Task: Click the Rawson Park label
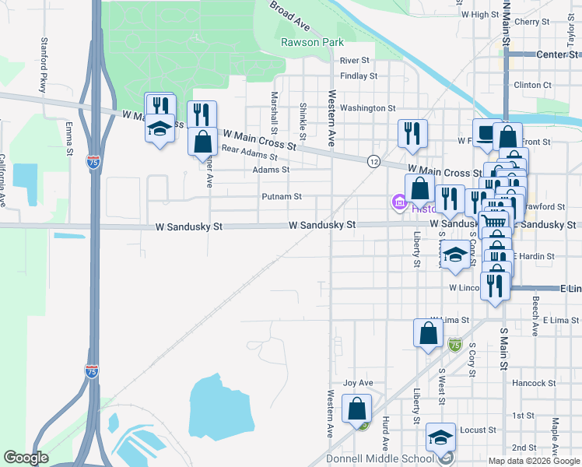click(311, 43)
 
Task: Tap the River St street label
click(354, 61)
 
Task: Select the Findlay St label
click(359, 76)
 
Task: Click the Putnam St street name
click(282, 197)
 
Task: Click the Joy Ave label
click(359, 383)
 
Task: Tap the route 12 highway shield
click(374, 161)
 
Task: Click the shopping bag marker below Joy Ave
click(356, 408)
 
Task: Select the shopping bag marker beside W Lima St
click(429, 332)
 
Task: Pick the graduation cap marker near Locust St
click(441, 437)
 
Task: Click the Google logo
click(26, 458)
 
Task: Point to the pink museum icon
click(399, 204)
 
